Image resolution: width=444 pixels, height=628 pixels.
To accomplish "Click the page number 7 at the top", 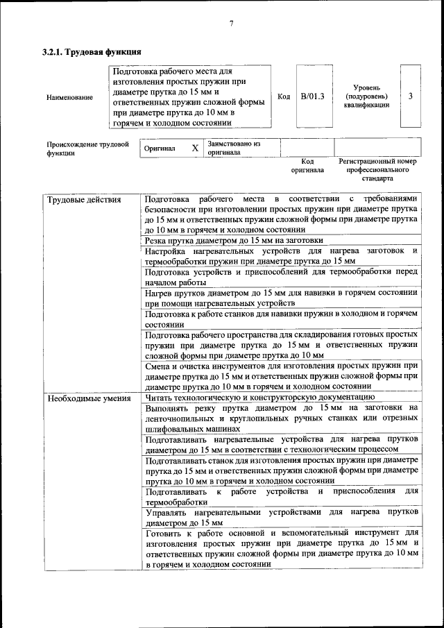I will (231, 24).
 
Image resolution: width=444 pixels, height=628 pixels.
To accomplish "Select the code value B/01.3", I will (312, 96).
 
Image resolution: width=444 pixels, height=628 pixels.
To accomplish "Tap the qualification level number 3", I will (411, 96).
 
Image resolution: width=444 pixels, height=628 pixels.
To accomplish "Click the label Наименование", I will (69, 97).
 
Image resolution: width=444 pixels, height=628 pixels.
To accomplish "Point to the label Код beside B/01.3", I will (284, 96).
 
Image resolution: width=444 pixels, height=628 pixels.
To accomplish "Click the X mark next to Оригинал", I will (195, 148).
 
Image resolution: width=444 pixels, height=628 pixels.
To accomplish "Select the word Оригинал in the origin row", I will (160, 148).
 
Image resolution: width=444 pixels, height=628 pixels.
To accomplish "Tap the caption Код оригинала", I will (307, 165).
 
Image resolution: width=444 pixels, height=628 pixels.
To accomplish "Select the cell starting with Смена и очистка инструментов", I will (281, 375).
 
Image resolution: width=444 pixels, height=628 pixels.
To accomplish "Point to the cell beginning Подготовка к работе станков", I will (281, 319).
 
